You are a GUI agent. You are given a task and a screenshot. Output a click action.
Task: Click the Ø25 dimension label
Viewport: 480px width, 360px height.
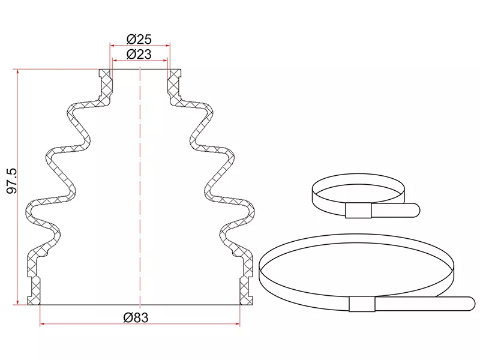tap(139, 39)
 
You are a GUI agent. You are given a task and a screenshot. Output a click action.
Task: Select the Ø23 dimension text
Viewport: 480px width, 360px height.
tap(139, 54)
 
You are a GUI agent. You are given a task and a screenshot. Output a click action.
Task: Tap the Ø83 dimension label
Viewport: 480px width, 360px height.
tap(136, 317)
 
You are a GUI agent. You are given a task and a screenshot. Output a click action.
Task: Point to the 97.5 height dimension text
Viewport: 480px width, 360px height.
tap(12, 181)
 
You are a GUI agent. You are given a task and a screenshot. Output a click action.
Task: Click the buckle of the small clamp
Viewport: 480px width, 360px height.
tap(358, 211)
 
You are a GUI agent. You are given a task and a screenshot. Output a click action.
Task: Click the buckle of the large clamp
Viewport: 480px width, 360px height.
tap(362, 304)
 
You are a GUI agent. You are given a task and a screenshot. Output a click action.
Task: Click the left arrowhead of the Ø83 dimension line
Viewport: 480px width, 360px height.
tap(42, 323)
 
